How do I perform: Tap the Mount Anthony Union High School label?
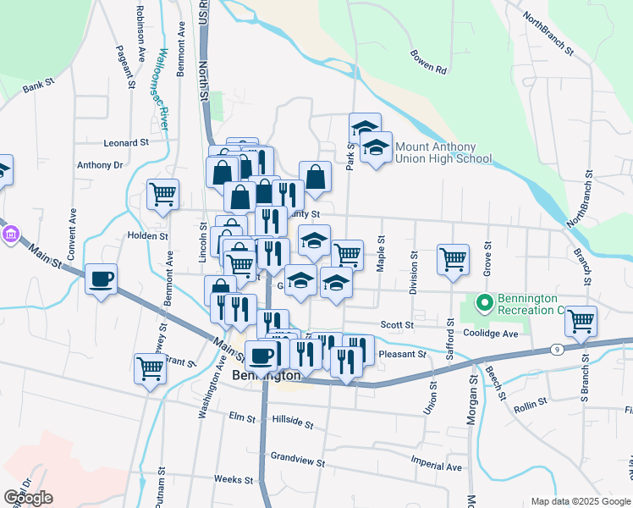pyautogui.click(x=443, y=152)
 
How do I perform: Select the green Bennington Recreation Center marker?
pyautogui.click(x=484, y=301)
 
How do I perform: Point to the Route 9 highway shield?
pyautogui.click(x=557, y=349)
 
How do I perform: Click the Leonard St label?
pyautogui.click(x=126, y=143)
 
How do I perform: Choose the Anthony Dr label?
pyautogui.click(x=100, y=165)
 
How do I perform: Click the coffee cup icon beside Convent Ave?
pyautogui.click(x=102, y=279)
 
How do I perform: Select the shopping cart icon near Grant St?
pyautogui.click(x=150, y=368)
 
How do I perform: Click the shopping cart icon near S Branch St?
pyautogui.click(x=581, y=320)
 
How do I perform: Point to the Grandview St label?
pyautogui.click(x=298, y=458)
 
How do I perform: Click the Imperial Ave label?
pyautogui.click(x=436, y=466)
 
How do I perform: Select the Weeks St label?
pyautogui.click(x=228, y=479)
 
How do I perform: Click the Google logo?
pyautogui.click(x=28, y=498)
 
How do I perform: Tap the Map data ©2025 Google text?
pyautogui.click(x=580, y=501)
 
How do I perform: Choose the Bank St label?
pyautogui.click(x=38, y=86)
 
